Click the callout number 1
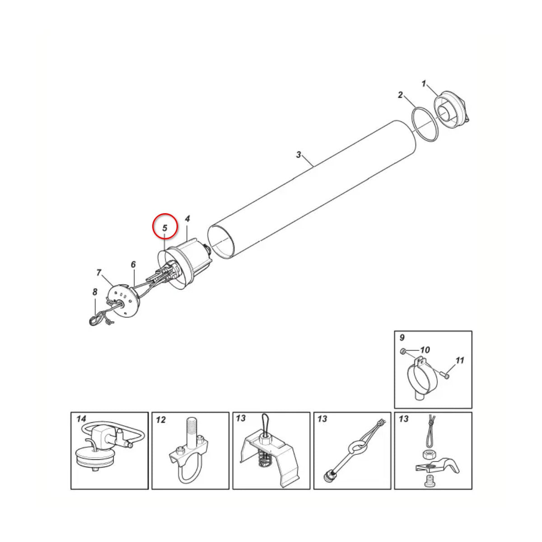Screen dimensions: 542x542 click(424, 84)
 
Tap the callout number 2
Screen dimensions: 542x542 click(400, 95)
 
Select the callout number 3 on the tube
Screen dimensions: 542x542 click(299, 155)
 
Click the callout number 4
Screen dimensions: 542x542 click(187, 219)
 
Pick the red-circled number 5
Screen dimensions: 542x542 click(165, 228)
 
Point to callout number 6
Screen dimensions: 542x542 click(133, 264)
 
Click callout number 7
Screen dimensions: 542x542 click(98, 273)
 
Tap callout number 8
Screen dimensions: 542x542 click(95, 292)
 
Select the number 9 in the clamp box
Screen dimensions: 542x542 click(402, 337)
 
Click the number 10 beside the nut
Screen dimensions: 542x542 click(425, 350)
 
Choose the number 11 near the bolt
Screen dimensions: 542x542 click(460, 360)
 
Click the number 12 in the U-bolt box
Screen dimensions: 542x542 click(161, 420)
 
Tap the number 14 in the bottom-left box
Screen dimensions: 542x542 click(81, 419)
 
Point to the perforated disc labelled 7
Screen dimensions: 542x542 click(123, 299)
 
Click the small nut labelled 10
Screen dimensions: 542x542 click(402, 351)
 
